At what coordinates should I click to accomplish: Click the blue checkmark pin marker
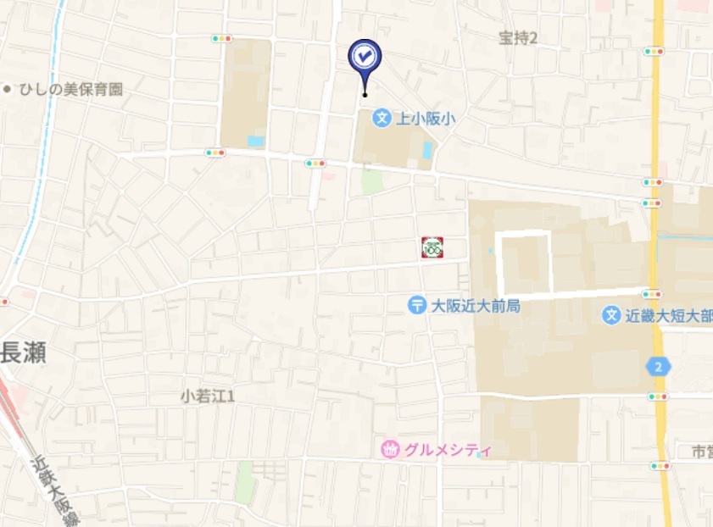(365, 57)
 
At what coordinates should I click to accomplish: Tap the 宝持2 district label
(518, 37)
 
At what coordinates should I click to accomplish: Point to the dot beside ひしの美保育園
(8, 88)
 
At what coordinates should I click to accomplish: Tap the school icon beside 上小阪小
(382, 119)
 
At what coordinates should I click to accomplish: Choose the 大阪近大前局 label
(476, 305)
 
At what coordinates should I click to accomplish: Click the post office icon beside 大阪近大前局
(416, 305)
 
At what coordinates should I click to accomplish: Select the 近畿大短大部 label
(668, 315)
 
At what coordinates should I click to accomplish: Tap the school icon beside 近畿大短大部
(610, 315)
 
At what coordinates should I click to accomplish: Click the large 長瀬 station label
(23, 352)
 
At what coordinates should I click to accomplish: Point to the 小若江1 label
(208, 396)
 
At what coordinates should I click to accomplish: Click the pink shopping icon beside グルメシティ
(389, 450)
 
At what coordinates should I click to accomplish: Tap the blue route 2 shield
(658, 367)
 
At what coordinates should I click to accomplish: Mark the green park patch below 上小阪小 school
(372, 180)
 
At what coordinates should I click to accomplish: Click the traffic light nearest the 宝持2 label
(653, 52)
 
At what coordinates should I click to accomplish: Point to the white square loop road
(525, 262)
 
